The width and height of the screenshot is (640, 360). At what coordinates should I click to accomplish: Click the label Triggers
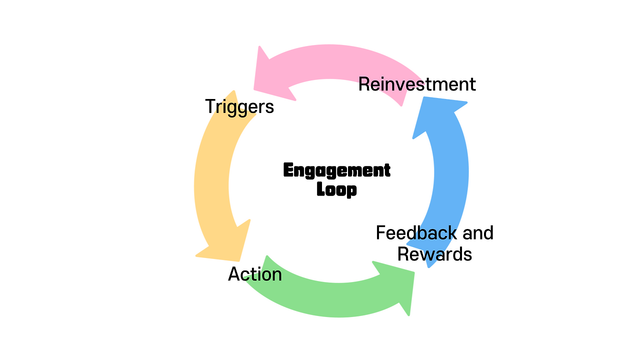tap(239, 106)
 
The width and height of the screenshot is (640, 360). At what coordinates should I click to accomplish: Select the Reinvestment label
tap(417, 84)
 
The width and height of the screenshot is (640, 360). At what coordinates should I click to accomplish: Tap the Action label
tap(255, 274)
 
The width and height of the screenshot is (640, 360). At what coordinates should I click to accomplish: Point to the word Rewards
tap(434, 254)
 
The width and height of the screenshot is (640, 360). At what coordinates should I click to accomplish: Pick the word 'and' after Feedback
tap(477, 233)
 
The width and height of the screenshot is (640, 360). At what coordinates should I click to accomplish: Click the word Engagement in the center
tap(336, 170)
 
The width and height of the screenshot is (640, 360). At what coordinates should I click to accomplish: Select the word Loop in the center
tap(336, 190)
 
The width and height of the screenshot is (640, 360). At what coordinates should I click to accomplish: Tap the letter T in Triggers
tap(210, 106)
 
